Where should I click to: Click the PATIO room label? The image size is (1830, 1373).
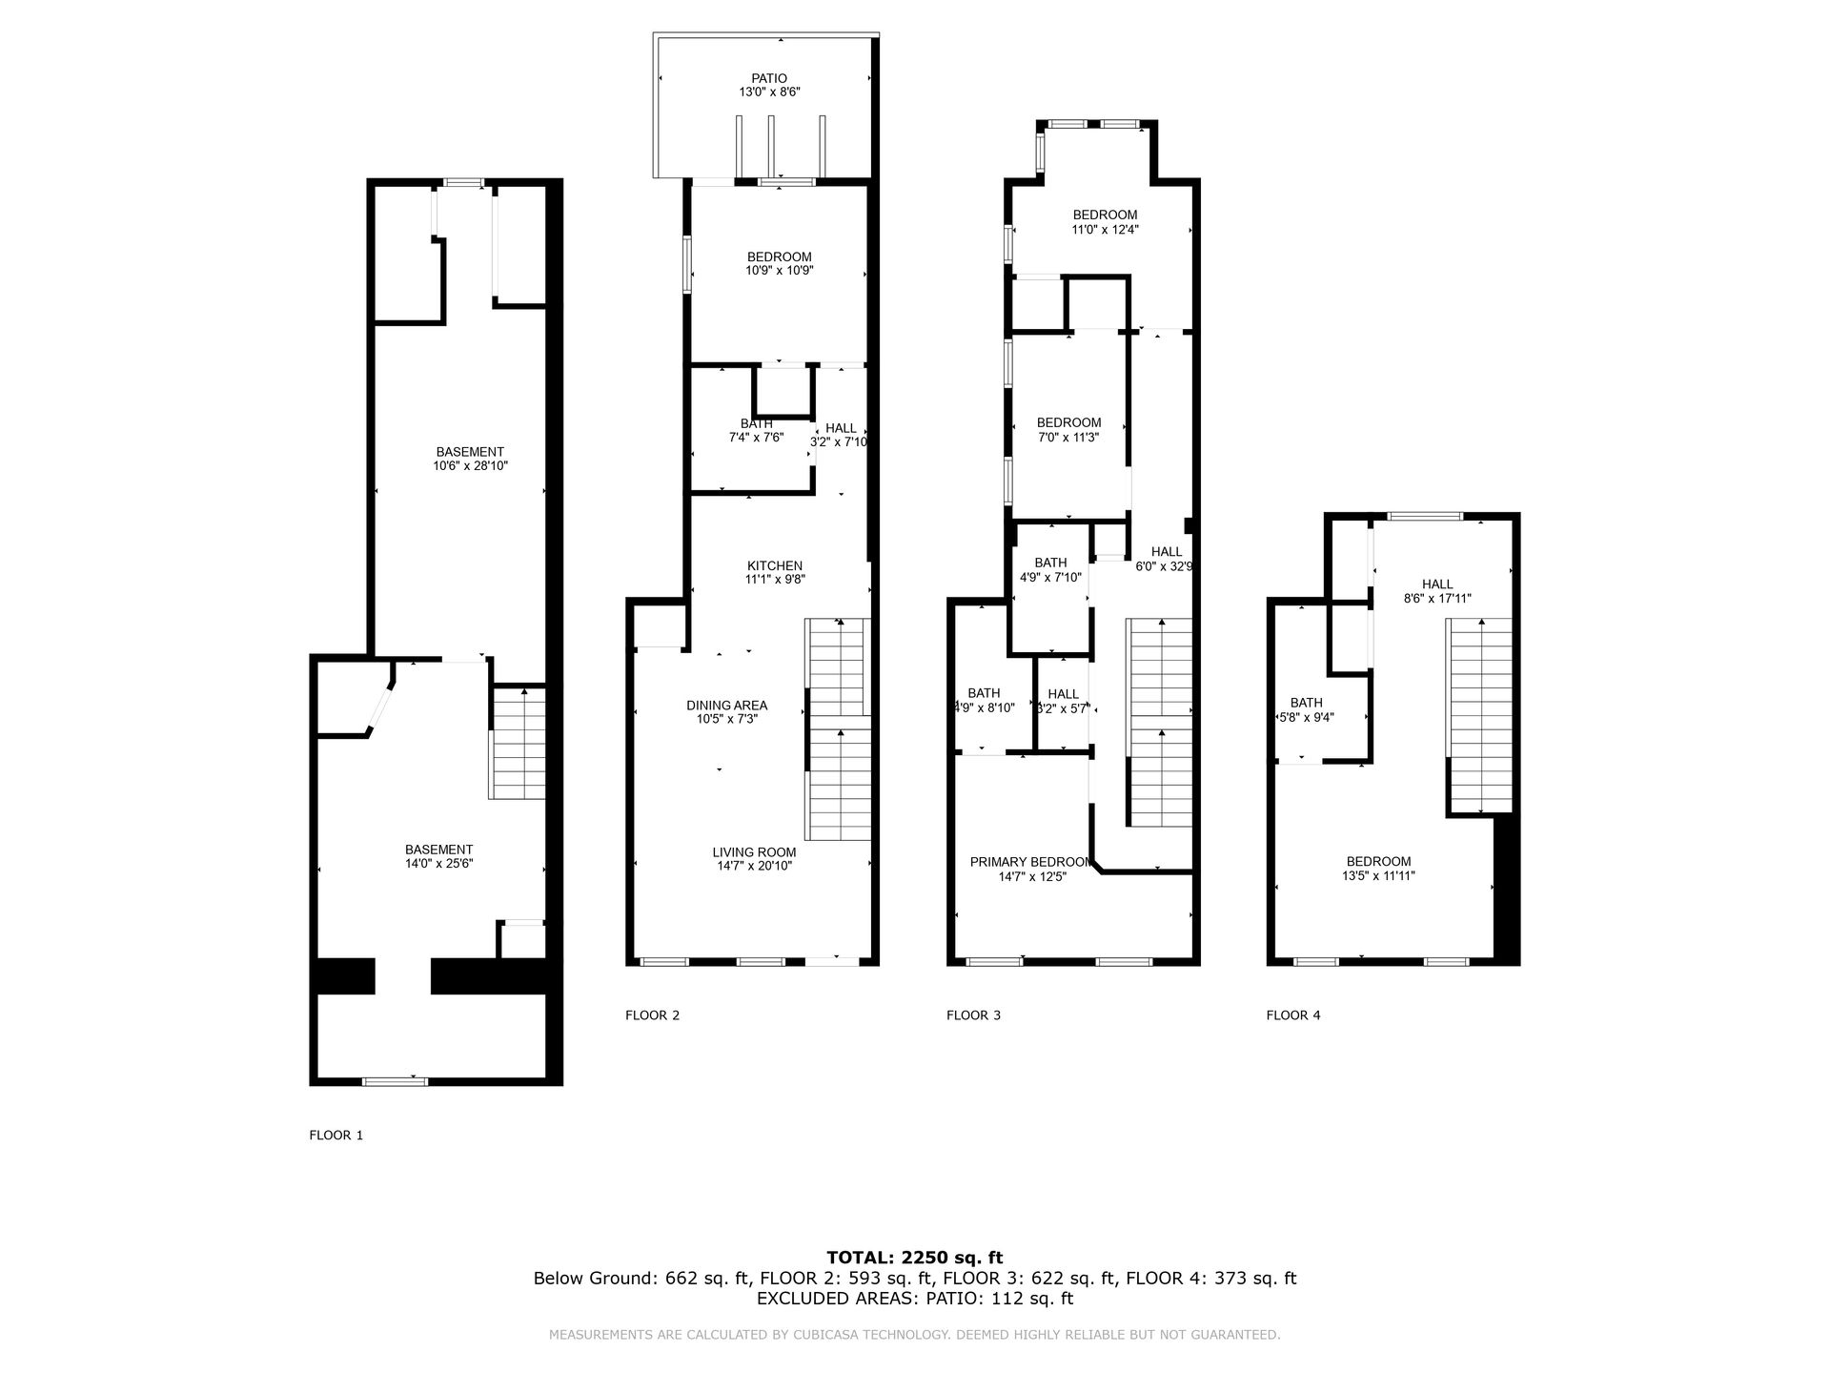coord(769,79)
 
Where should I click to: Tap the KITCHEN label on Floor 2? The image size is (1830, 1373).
coord(774,566)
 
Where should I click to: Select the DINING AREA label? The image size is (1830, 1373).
coord(726,706)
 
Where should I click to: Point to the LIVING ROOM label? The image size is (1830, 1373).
coord(754,852)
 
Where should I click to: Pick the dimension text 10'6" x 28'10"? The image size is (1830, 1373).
coord(470,466)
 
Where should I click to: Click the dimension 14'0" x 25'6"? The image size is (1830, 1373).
coord(438,864)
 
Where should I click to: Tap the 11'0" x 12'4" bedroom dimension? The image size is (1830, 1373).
coord(1105,229)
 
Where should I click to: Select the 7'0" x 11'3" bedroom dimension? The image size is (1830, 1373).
coord(1068,437)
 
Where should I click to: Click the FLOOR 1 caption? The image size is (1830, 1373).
coord(336,1136)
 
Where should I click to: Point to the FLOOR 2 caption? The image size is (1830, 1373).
coord(652,1015)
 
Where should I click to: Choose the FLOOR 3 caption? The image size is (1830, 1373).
coord(973,1015)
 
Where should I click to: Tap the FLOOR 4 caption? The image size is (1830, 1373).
coord(1293,1015)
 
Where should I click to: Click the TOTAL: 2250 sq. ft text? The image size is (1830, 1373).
coord(915,1258)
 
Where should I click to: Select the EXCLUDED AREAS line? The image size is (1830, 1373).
coord(915,1299)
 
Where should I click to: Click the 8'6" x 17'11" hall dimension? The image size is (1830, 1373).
coord(1437,599)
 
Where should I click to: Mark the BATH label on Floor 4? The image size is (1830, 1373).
coord(1307,703)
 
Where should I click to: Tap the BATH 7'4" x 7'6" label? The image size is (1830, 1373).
coord(756,430)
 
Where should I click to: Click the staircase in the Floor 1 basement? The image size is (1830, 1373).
coord(518,744)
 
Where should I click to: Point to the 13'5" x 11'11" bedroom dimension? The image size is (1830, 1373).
coord(1378,875)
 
